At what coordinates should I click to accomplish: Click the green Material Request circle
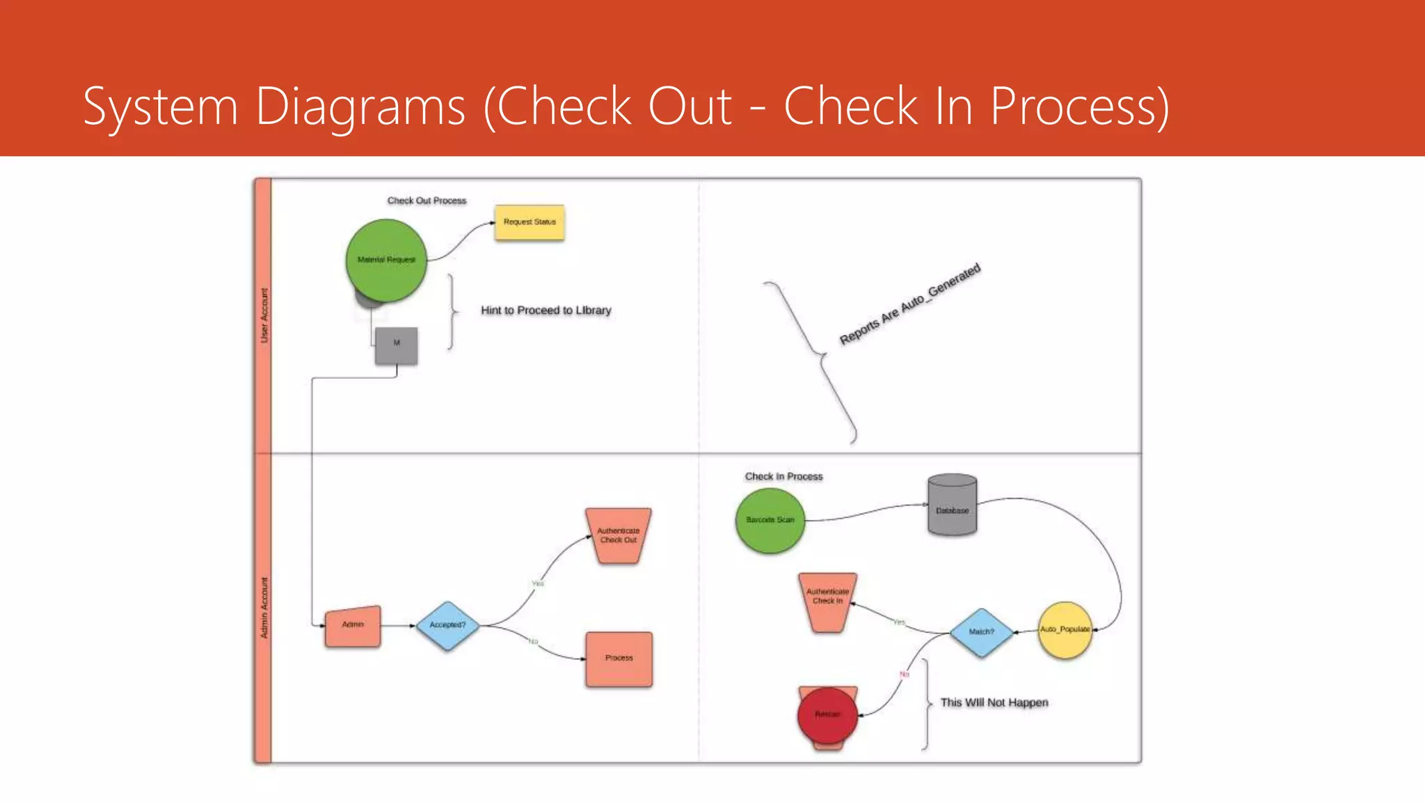click(386, 260)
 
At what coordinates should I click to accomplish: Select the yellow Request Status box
click(530, 222)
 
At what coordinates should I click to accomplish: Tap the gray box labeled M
click(397, 345)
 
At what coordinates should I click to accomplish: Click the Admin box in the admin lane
click(353, 626)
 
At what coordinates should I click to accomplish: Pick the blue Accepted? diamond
click(447, 625)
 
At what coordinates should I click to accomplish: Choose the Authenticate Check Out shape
click(619, 535)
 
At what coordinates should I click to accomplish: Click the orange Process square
click(619, 659)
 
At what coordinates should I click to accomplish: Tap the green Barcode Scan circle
click(770, 520)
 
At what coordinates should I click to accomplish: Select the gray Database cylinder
click(952, 506)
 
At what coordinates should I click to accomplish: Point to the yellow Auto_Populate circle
click(1065, 630)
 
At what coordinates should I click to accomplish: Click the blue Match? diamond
click(982, 632)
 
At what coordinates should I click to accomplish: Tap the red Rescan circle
click(827, 715)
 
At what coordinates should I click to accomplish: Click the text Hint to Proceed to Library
click(546, 310)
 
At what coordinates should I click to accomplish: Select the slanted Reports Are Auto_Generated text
click(909, 304)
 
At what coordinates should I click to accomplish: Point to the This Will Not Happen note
click(994, 703)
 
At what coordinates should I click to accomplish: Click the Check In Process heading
click(783, 477)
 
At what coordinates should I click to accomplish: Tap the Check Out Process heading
click(427, 201)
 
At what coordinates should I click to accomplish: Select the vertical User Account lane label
click(264, 315)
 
